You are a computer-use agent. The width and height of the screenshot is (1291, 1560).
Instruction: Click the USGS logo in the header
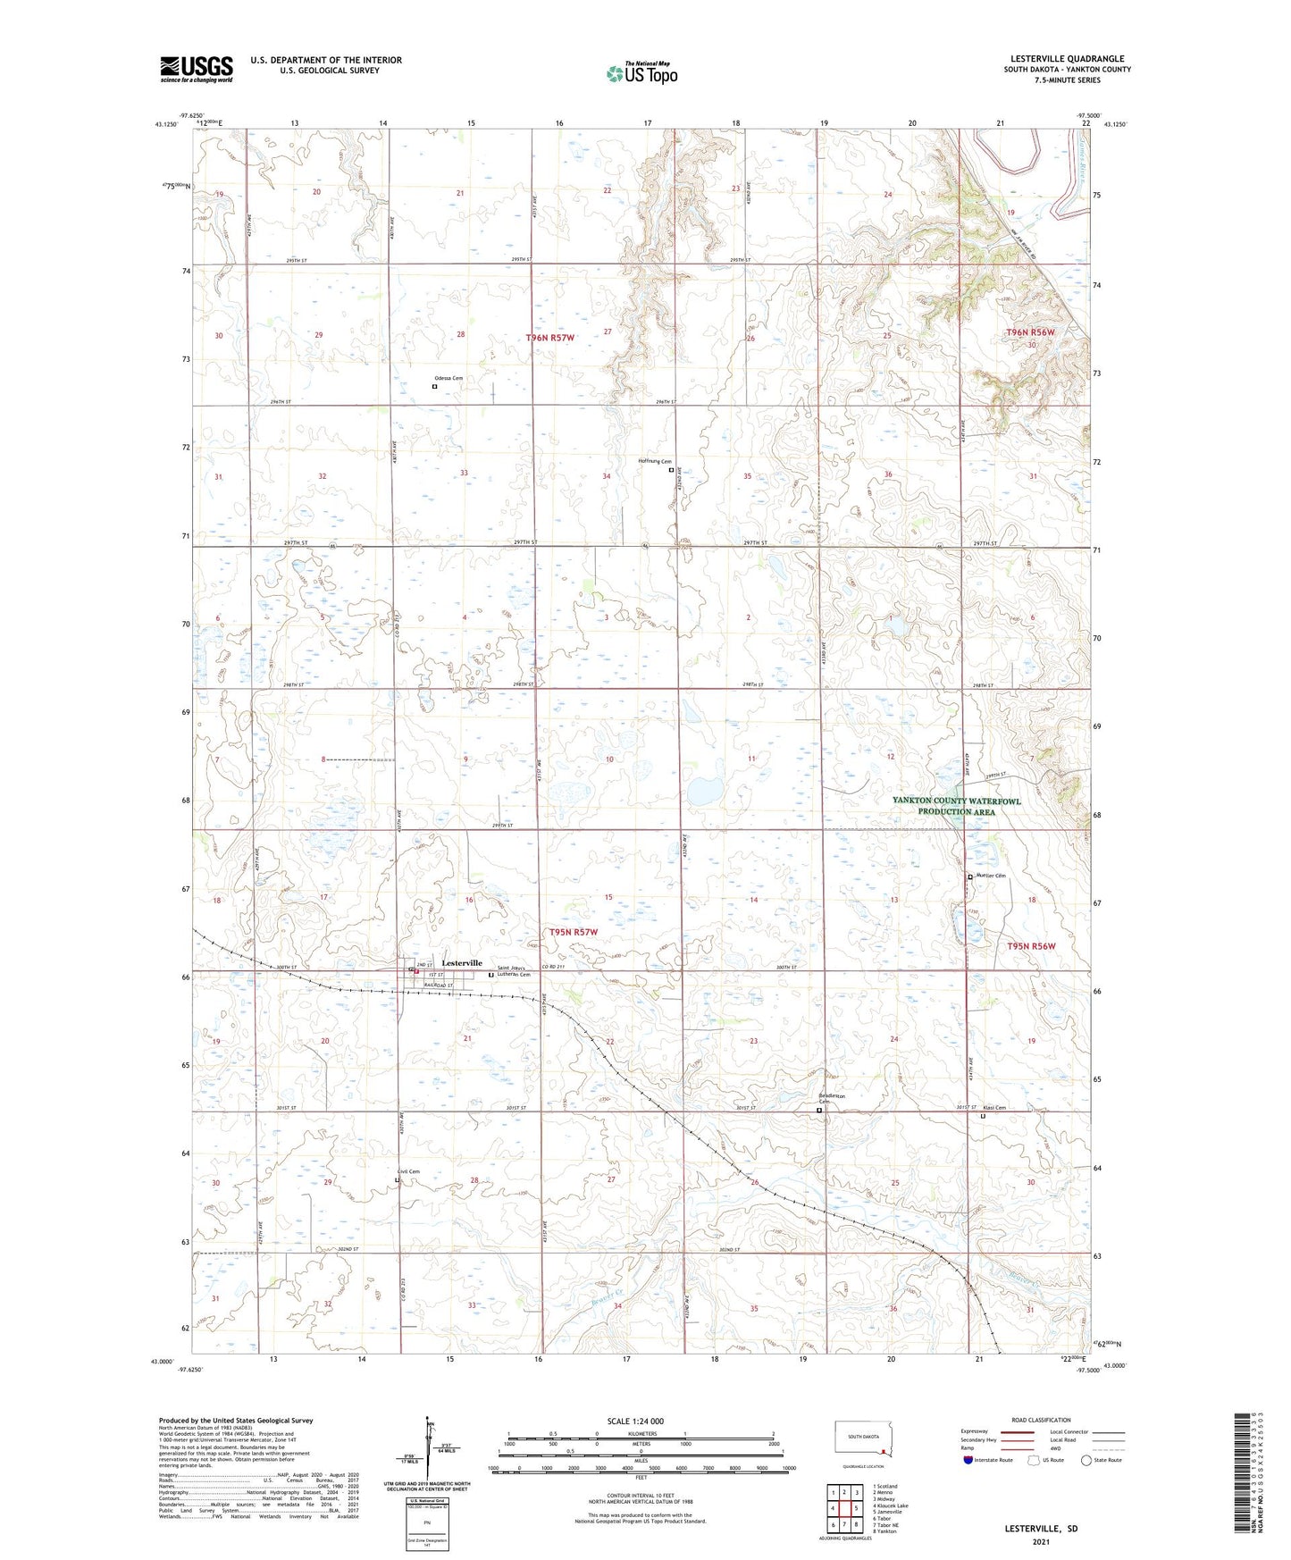click(x=196, y=69)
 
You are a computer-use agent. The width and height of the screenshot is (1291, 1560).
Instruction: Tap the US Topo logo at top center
click(x=641, y=73)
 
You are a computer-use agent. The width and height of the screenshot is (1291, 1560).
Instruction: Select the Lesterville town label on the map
click(x=462, y=963)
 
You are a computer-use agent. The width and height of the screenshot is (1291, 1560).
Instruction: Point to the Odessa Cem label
click(x=448, y=379)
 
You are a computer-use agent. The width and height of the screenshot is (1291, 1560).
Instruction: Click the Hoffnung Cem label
click(x=654, y=461)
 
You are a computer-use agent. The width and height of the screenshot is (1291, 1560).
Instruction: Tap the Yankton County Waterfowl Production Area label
click(x=956, y=806)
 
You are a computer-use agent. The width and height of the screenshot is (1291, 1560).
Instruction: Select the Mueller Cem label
click(x=989, y=876)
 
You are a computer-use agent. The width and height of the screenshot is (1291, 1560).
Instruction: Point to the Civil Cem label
click(x=408, y=1171)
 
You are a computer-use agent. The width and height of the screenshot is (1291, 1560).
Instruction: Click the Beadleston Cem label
click(x=831, y=1099)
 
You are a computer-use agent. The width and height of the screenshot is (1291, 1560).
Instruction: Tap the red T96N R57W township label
click(x=549, y=338)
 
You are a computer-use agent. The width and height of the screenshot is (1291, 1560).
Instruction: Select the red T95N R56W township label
click(x=1031, y=946)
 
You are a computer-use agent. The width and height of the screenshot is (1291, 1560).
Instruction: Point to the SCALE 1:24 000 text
click(x=635, y=1421)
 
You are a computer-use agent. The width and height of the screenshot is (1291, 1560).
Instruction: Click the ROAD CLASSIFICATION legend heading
click(x=1041, y=1420)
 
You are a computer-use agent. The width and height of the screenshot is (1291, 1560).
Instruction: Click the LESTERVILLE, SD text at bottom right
click(x=1041, y=1529)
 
